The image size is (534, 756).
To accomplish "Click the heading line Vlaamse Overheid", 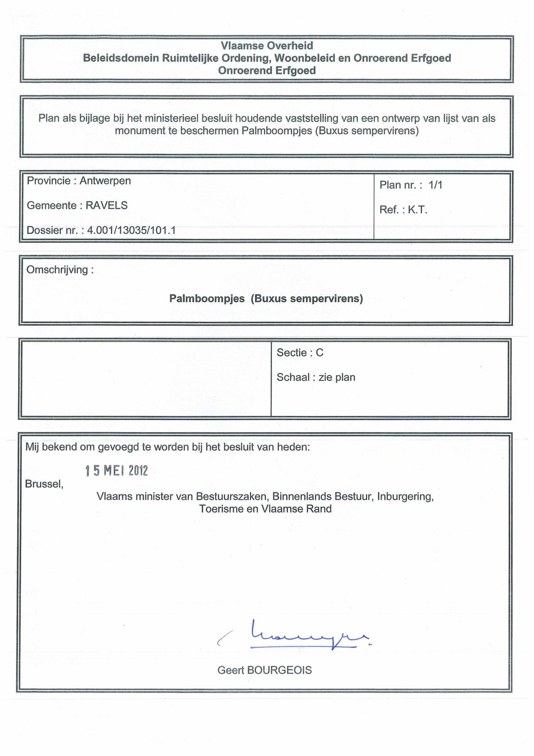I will click(267, 45).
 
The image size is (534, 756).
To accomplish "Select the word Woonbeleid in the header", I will click(304, 58).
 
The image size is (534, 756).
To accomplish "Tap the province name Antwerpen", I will click(105, 181).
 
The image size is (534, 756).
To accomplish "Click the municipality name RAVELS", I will click(107, 205).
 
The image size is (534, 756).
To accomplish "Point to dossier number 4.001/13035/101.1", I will click(131, 230).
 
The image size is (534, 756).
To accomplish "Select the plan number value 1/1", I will click(435, 185).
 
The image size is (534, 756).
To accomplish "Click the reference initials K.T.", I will click(418, 210).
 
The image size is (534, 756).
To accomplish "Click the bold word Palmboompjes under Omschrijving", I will click(207, 299).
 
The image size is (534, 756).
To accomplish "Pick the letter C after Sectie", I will click(319, 353).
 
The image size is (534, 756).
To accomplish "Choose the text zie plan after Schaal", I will click(337, 377).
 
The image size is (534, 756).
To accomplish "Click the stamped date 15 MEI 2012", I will click(117, 471).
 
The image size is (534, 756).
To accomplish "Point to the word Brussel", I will click(44, 484).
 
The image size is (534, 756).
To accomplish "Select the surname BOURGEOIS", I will click(279, 670).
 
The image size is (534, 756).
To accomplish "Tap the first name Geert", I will click(231, 670).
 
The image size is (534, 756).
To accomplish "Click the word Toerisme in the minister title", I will click(221, 509).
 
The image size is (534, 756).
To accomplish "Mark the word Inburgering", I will click(405, 496).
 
